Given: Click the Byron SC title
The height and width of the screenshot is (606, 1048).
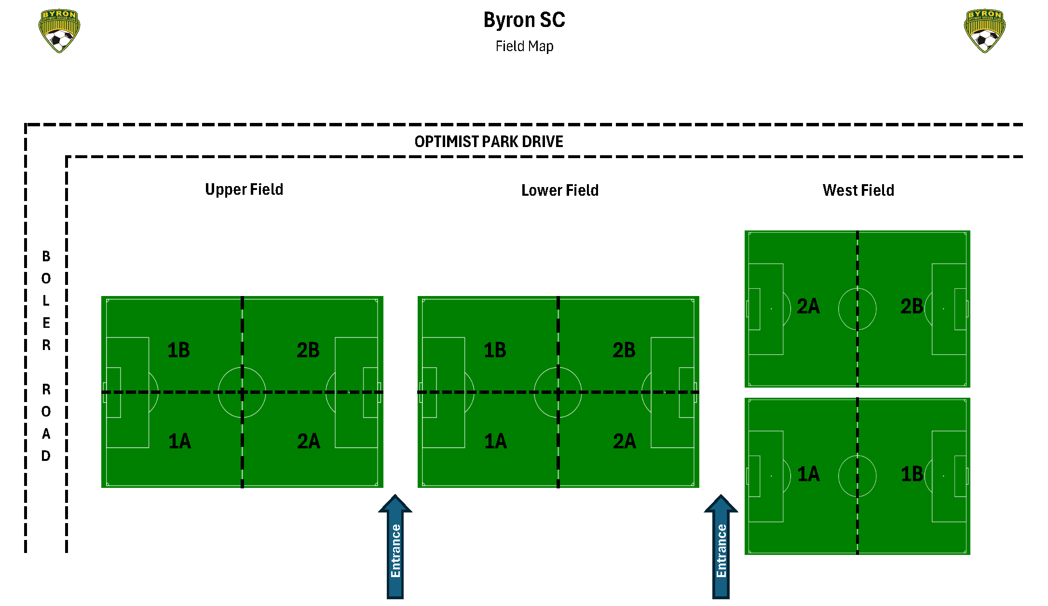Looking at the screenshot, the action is coord(524,20).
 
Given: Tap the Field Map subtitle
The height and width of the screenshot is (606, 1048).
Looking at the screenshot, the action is coord(524,46).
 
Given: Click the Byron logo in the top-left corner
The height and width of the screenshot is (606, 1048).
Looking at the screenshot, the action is coord(59,31).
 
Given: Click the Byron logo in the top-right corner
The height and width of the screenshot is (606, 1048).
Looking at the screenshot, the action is coord(985,31).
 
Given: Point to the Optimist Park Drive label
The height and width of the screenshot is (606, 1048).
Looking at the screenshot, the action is coord(489,142).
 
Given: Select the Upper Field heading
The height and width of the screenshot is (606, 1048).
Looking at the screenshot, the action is coord(244,189).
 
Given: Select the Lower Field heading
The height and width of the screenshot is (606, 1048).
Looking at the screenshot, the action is coord(560,190).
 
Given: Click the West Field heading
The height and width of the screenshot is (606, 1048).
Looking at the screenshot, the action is coord(858,190).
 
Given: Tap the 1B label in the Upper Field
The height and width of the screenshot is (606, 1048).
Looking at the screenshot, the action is coord(178,350).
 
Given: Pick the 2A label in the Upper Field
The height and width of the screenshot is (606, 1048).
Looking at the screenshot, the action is coord(309,441).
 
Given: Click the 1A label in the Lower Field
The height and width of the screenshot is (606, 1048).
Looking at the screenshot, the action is coord(495,441).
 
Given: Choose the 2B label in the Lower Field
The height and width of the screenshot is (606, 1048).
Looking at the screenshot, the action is coord(624,350).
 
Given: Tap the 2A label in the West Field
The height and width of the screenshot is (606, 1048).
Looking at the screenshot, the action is coord(808,307).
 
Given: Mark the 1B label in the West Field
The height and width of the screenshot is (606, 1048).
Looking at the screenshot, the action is coord(912,474).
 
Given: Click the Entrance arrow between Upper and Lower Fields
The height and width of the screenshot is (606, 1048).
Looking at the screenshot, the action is coord(395,547).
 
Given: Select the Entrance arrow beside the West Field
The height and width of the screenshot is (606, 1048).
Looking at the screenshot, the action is coord(721,547).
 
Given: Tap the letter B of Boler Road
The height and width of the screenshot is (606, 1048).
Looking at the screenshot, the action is coord(46,256).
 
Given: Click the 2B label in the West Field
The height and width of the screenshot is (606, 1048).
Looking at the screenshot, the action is coord(912,307).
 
